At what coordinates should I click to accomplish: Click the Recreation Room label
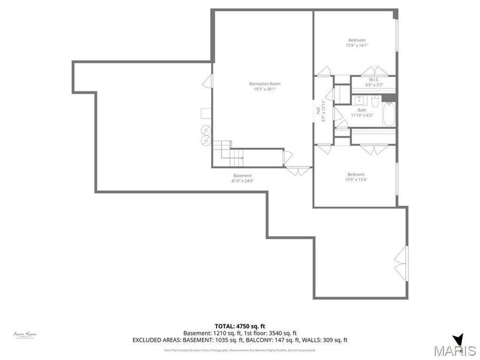coord(265,84)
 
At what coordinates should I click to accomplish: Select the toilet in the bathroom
coord(374,101)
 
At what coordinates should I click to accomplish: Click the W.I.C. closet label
coord(373,79)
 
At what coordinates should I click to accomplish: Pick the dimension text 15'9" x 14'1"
coord(357,46)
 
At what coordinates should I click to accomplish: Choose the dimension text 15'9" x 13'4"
coord(356,180)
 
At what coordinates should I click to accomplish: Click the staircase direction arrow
coord(239,158)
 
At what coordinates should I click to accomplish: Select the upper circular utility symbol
coord(205,130)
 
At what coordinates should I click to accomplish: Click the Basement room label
coord(242,175)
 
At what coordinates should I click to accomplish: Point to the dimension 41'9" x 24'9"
coord(242,181)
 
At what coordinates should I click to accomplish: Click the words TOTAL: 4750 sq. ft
coord(239,326)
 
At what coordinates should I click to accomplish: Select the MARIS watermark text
coord(454,350)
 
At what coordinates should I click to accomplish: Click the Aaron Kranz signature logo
coord(25,334)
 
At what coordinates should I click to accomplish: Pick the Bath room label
coord(362,110)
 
